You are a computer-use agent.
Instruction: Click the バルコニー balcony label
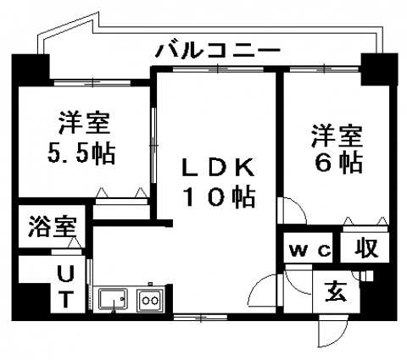coord(218,51)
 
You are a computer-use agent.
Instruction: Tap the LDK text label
coord(218,168)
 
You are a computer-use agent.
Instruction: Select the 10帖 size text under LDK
coord(219,197)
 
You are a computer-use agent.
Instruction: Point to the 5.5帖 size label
coord(81,153)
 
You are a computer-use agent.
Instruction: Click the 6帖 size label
coord(338,163)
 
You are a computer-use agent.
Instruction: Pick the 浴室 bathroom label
coord(53,226)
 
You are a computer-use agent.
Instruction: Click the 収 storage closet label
coord(366,248)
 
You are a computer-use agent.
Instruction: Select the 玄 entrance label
coord(336,291)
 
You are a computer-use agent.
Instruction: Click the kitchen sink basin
coord(113,299)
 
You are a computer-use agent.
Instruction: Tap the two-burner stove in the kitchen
coord(150,300)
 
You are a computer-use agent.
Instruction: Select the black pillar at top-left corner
coord(31,67)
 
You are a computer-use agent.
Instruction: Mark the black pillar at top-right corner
coord(379,69)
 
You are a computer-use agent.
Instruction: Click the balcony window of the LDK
coord(218,69)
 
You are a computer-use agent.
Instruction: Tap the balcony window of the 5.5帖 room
coord(92,83)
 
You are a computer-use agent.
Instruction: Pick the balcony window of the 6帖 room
coord(325,69)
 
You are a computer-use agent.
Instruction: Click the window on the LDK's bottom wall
coord(200,318)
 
